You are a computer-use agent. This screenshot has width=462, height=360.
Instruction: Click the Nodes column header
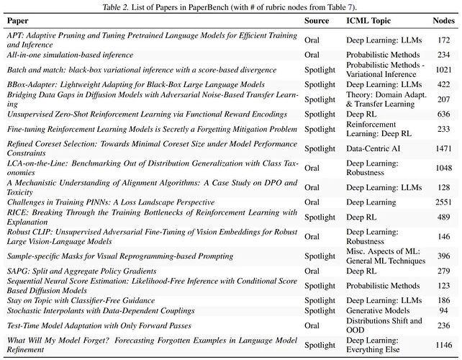(x=443, y=21)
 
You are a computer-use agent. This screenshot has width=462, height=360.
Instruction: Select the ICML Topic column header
(x=368, y=21)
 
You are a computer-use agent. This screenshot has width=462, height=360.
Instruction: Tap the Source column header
(x=317, y=21)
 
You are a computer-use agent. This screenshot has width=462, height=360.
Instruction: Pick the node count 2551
(x=443, y=202)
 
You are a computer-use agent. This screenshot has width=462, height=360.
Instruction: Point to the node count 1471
(x=443, y=148)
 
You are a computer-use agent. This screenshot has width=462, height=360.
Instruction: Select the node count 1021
(x=443, y=70)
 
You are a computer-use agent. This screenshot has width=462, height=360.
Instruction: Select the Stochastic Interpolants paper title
(x=101, y=310)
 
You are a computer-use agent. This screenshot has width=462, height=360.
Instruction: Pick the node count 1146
(x=443, y=344)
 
